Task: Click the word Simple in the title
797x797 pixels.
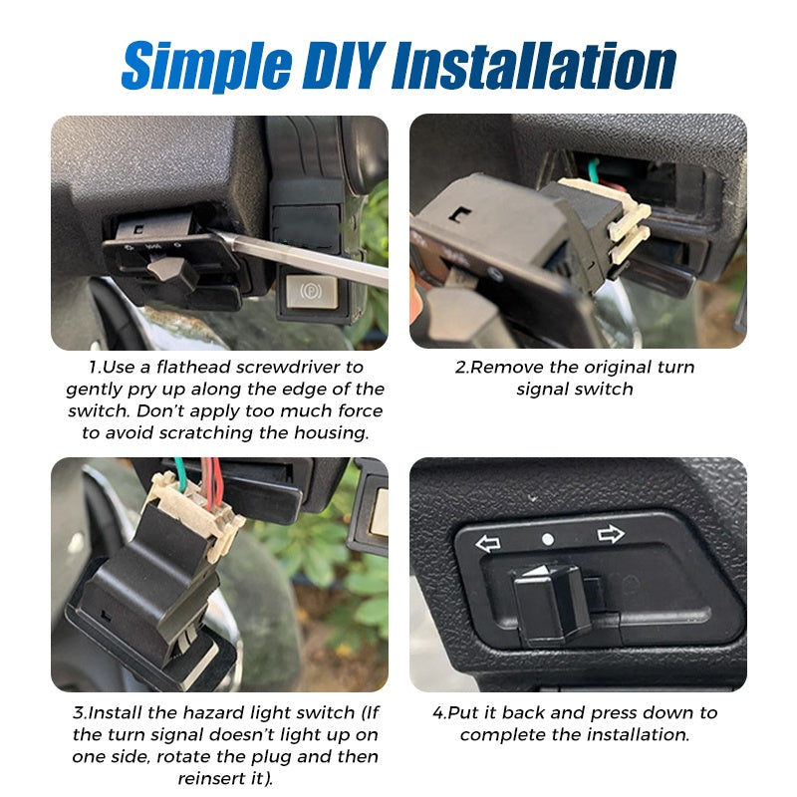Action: coord(207,67)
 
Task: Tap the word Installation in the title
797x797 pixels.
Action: coord(535,66)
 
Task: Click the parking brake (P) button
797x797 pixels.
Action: coord(312,291)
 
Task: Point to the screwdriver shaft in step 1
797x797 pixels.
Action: coord(300,257)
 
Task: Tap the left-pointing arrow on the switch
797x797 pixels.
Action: coord(487,543)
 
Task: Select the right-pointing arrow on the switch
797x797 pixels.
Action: coord(611,534)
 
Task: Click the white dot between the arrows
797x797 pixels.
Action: coord(548,539)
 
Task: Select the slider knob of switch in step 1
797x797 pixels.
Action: coord(170,269)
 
